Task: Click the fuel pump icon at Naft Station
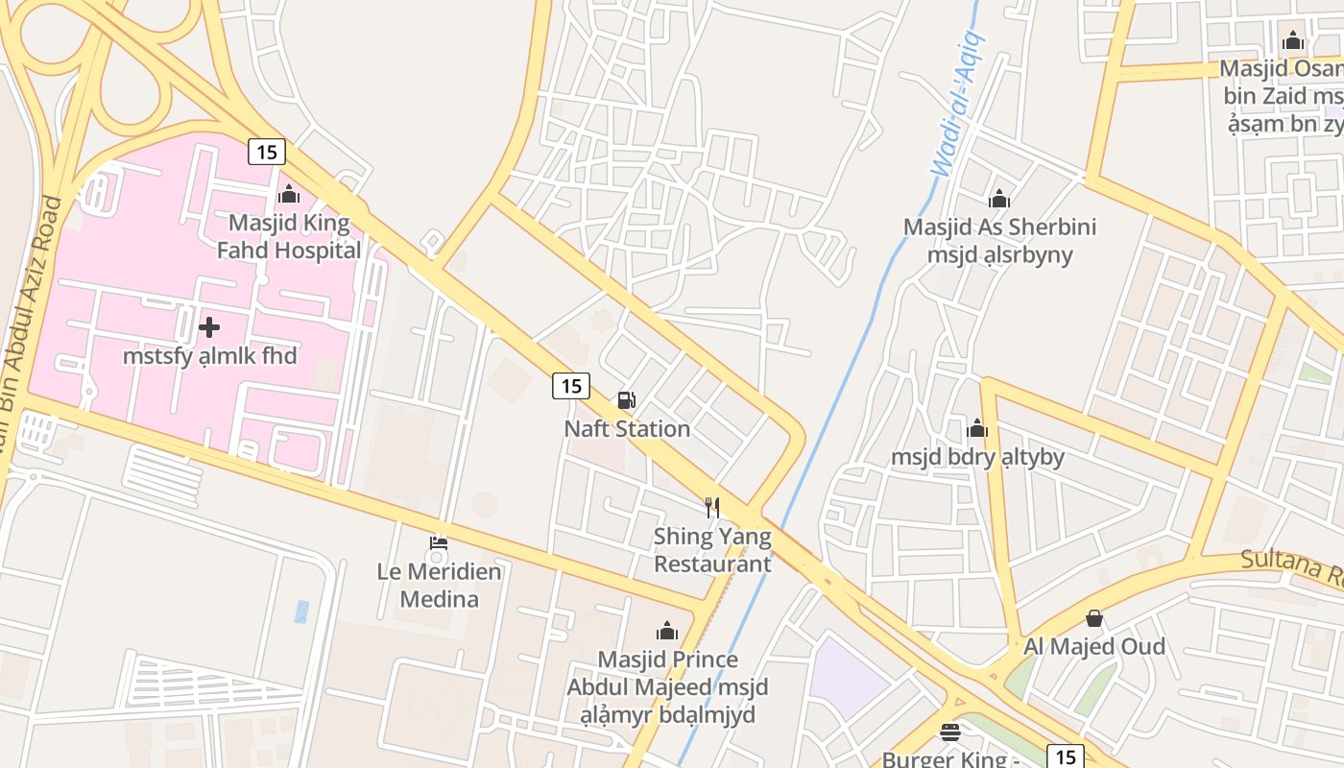point(626,400)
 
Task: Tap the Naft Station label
point(627,428)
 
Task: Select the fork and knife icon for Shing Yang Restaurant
point(711,507)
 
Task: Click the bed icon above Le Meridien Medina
point(439,543)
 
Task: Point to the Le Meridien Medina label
point(439,585)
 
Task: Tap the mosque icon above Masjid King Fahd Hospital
point(288,195)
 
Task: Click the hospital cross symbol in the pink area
point(208,327)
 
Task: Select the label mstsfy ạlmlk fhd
point(209,356)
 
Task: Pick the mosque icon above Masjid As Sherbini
point(999,199)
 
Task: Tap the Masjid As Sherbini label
point(999,240)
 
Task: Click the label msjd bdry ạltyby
point(977,456)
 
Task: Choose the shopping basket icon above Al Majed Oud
point(1093,618)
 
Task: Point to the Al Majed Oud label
point(1093,646)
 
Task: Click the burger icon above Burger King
point(949,732)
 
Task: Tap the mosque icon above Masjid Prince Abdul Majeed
point(666,631)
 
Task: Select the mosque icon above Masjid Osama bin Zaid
point(1292,40)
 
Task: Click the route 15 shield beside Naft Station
point(570,386)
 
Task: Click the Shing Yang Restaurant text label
point(712,550)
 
